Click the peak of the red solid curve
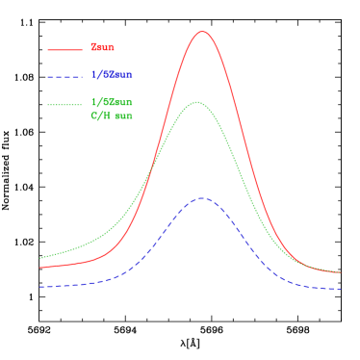tap(202, 31)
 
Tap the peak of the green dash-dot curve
tap(196, 101)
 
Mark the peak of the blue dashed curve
tap(202, 198)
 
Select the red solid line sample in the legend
tap(64, 49)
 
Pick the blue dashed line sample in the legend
tap(64, 76)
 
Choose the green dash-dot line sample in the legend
tap(64, 103)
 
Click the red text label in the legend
tap(102, 47)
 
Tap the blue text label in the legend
tap(112, 74)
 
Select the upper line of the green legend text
tap(112, 101)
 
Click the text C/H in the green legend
tap(100, 116)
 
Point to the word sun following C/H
tap(123, 116)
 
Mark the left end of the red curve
tap(39, 268)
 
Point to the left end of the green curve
tap(39, 258)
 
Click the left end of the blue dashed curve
tap(39, 287)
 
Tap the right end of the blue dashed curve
tap(341, 289)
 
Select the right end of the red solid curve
tap(341, 272)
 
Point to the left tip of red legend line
tap(48, 49)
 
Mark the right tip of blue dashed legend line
tap(82, 76)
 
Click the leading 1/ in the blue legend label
tap(95, 74)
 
